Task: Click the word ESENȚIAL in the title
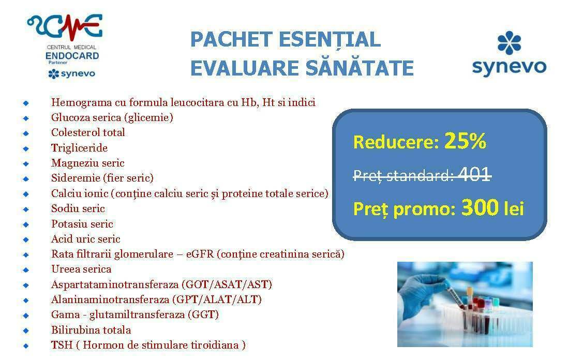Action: pos(329,40)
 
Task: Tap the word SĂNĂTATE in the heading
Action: pos(359,68)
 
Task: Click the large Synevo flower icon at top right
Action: pos(509,43)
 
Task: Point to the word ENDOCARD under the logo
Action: pos(72,56)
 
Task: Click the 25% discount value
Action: pos(465,141)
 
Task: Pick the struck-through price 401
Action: pos(474,174)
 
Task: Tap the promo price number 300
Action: pos(480,207)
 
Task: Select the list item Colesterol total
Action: pos(88,132)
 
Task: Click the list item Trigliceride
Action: pos(80,147)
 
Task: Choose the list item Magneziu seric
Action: pos(88,163)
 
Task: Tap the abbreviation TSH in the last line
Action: pos(62,345)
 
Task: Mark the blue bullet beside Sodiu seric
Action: pos(26,209)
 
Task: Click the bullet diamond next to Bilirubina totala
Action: pos(26,331)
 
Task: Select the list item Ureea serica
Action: pos(81,269)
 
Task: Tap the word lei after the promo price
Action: pos(514,208)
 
